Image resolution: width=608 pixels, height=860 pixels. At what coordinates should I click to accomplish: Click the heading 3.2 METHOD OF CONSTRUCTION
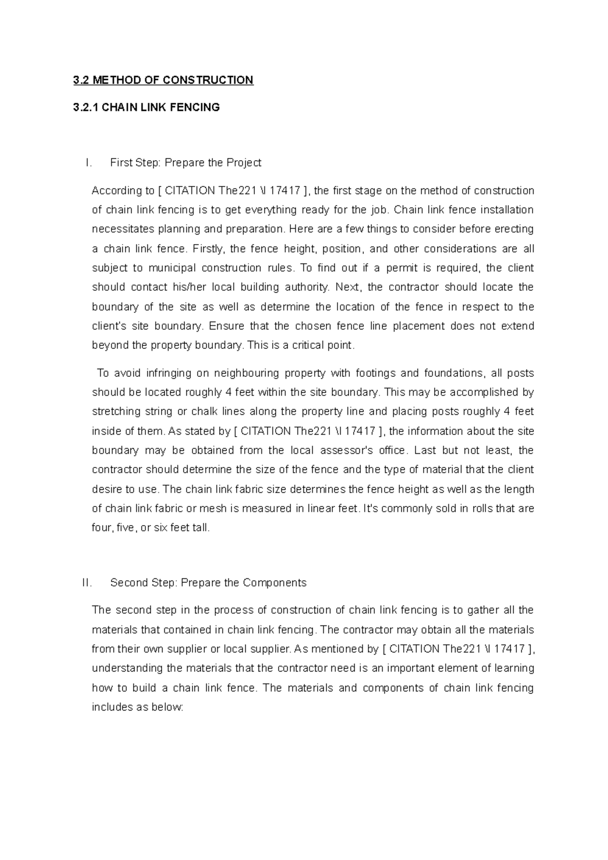[163, 80]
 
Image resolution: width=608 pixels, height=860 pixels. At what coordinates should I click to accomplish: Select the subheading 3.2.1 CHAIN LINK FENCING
[146, 107]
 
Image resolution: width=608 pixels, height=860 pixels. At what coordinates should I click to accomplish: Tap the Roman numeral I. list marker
[89, 163]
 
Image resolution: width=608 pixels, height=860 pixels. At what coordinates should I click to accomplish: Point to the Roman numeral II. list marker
[87, 582]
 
